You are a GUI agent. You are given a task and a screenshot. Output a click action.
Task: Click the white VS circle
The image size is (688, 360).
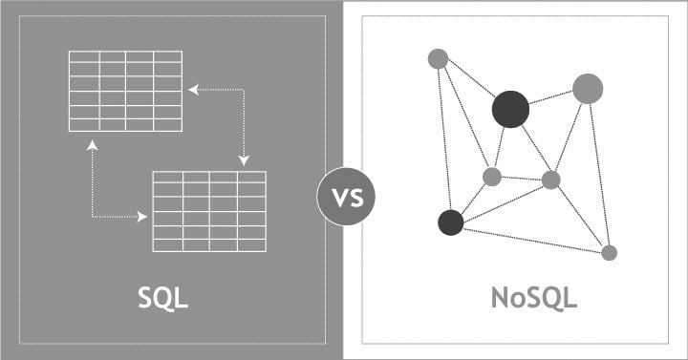346,199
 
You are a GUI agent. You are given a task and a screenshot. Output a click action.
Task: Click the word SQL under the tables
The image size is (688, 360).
163,297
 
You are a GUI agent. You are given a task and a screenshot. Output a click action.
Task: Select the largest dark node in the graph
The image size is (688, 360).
510,109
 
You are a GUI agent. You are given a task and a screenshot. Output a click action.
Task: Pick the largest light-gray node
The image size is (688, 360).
588,89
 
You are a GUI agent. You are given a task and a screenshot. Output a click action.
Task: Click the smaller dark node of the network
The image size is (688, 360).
450,222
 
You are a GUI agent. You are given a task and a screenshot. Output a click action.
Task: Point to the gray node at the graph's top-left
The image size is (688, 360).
438,59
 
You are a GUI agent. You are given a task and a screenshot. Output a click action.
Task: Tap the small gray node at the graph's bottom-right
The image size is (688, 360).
609,252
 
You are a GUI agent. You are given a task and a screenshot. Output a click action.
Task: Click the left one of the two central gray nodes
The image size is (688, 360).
492,177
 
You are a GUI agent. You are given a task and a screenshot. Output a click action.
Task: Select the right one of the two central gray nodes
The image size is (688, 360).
551,180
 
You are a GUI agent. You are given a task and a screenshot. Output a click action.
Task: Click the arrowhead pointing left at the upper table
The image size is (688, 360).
192,90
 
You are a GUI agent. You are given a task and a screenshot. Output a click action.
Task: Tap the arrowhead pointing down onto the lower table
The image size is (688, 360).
244,160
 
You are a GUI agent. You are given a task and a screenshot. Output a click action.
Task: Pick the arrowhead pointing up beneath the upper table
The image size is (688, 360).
92,145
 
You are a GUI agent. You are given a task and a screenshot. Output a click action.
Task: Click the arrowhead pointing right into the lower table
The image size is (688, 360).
142,217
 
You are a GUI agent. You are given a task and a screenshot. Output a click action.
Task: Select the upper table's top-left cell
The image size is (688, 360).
84,56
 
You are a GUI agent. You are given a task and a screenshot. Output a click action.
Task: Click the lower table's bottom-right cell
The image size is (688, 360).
251,245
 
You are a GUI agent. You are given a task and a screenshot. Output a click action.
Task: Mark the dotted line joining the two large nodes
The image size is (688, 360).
548,98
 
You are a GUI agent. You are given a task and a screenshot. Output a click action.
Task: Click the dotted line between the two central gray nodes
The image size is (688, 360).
522,179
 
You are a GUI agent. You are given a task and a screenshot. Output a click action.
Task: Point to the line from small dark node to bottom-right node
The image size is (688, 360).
530,238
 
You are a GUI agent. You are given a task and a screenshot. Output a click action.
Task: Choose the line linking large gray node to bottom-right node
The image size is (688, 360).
598,172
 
